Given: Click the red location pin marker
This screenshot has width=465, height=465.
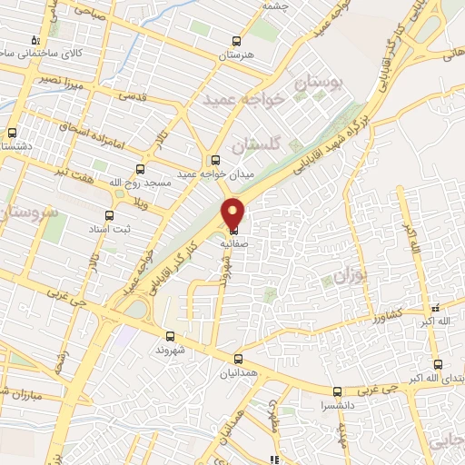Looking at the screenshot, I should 233,212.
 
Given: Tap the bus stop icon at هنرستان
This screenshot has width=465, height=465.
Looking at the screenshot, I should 237,41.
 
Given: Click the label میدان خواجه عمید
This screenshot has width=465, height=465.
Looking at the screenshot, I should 214,174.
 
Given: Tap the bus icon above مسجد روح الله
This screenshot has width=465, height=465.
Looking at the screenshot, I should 140,168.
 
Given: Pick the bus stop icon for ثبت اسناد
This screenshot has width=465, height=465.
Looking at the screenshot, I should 110,216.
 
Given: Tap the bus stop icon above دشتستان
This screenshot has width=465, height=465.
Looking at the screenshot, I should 12,133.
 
